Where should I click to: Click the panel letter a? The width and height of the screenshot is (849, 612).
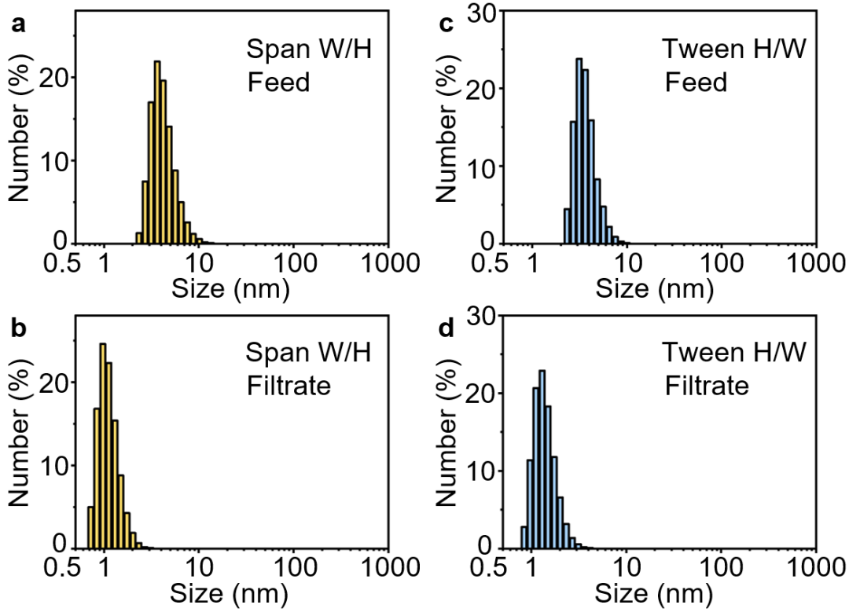coord(17,24)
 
